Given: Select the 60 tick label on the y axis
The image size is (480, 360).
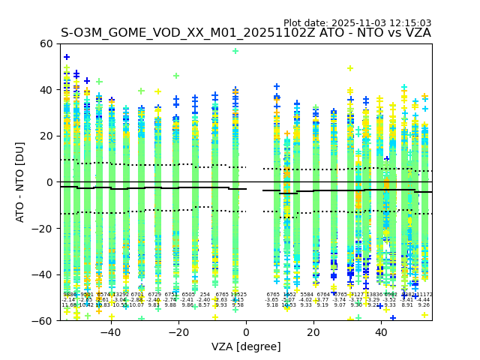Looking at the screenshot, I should tap(47, 43).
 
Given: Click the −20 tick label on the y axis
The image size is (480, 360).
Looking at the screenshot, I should tap(43, 228).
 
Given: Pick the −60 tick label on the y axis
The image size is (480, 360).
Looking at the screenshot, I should tap(43, 320).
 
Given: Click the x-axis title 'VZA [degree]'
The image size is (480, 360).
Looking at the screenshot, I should tap(246, 346).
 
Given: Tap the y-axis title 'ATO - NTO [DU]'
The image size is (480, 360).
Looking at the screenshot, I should tap(20, 182).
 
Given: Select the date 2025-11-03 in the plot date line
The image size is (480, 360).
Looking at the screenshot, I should tap(355, 23).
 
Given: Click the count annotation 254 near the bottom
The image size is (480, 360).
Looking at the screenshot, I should tap(205, 295).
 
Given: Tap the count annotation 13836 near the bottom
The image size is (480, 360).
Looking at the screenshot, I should tap(373, 295).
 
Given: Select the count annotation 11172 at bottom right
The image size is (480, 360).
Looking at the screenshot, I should tap(424, 295).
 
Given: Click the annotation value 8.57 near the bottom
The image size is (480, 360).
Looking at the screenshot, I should tap(204, 305).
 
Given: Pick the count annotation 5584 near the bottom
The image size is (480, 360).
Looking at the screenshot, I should tap(306, 295).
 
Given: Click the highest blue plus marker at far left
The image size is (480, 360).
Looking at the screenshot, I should tap(67, 57).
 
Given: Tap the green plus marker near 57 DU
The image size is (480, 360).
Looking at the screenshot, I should tap(235, 51).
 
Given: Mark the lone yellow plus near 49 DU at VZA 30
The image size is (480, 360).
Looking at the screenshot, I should tap(350, 68).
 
